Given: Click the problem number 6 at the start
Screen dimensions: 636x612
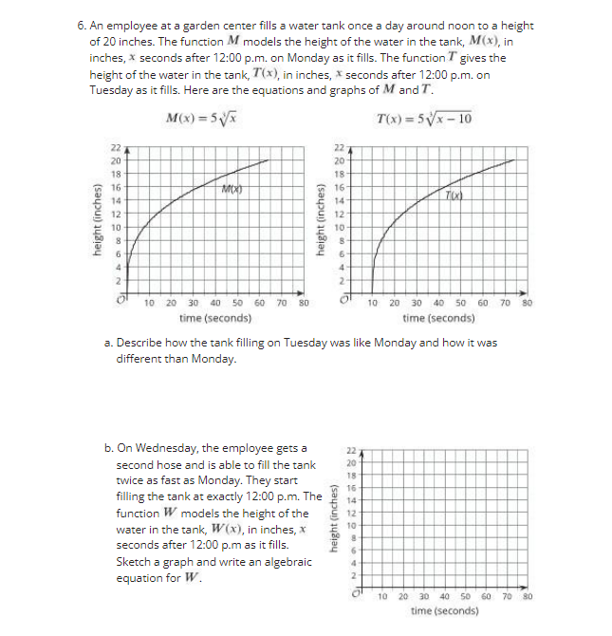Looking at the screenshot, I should click(81, 25).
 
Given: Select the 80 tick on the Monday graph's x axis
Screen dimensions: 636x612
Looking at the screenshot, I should click(304, 304).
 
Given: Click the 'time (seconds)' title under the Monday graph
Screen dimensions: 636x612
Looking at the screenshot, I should click(215, 319).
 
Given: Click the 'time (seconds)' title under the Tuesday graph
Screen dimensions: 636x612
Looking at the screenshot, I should click(438, 319).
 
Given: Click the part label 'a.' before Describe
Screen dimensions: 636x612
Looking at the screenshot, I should click(108, 342).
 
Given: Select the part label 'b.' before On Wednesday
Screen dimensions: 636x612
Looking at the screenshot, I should click(108, 448).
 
